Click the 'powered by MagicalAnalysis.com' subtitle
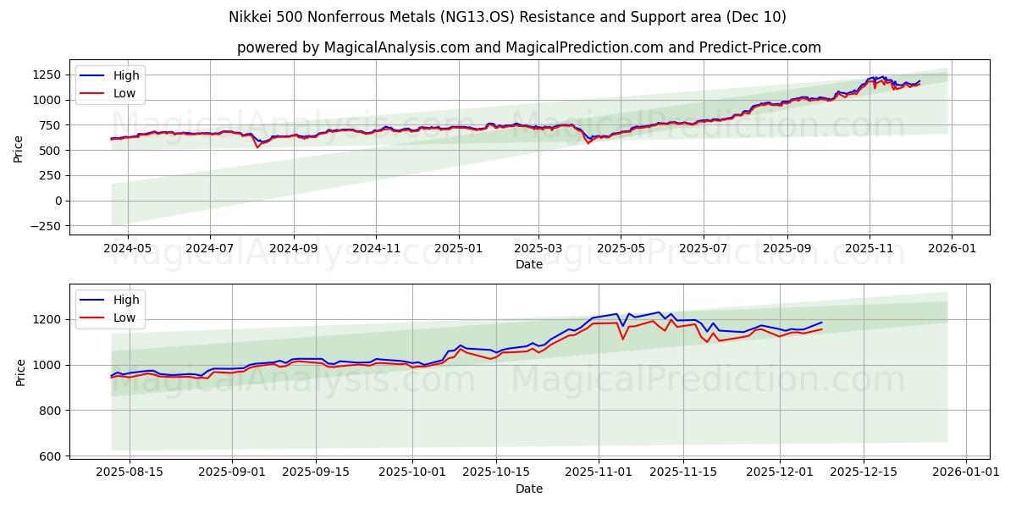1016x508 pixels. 528,47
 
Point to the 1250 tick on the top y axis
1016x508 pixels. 47,75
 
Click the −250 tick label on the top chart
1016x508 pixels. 43,226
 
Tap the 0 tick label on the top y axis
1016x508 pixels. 58,201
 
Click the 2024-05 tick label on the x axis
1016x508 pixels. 128,248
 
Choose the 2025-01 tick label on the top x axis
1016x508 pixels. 459,248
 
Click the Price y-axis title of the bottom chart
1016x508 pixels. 20,373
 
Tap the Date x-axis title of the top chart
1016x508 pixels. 529,264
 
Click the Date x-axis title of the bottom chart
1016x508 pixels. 529,489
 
